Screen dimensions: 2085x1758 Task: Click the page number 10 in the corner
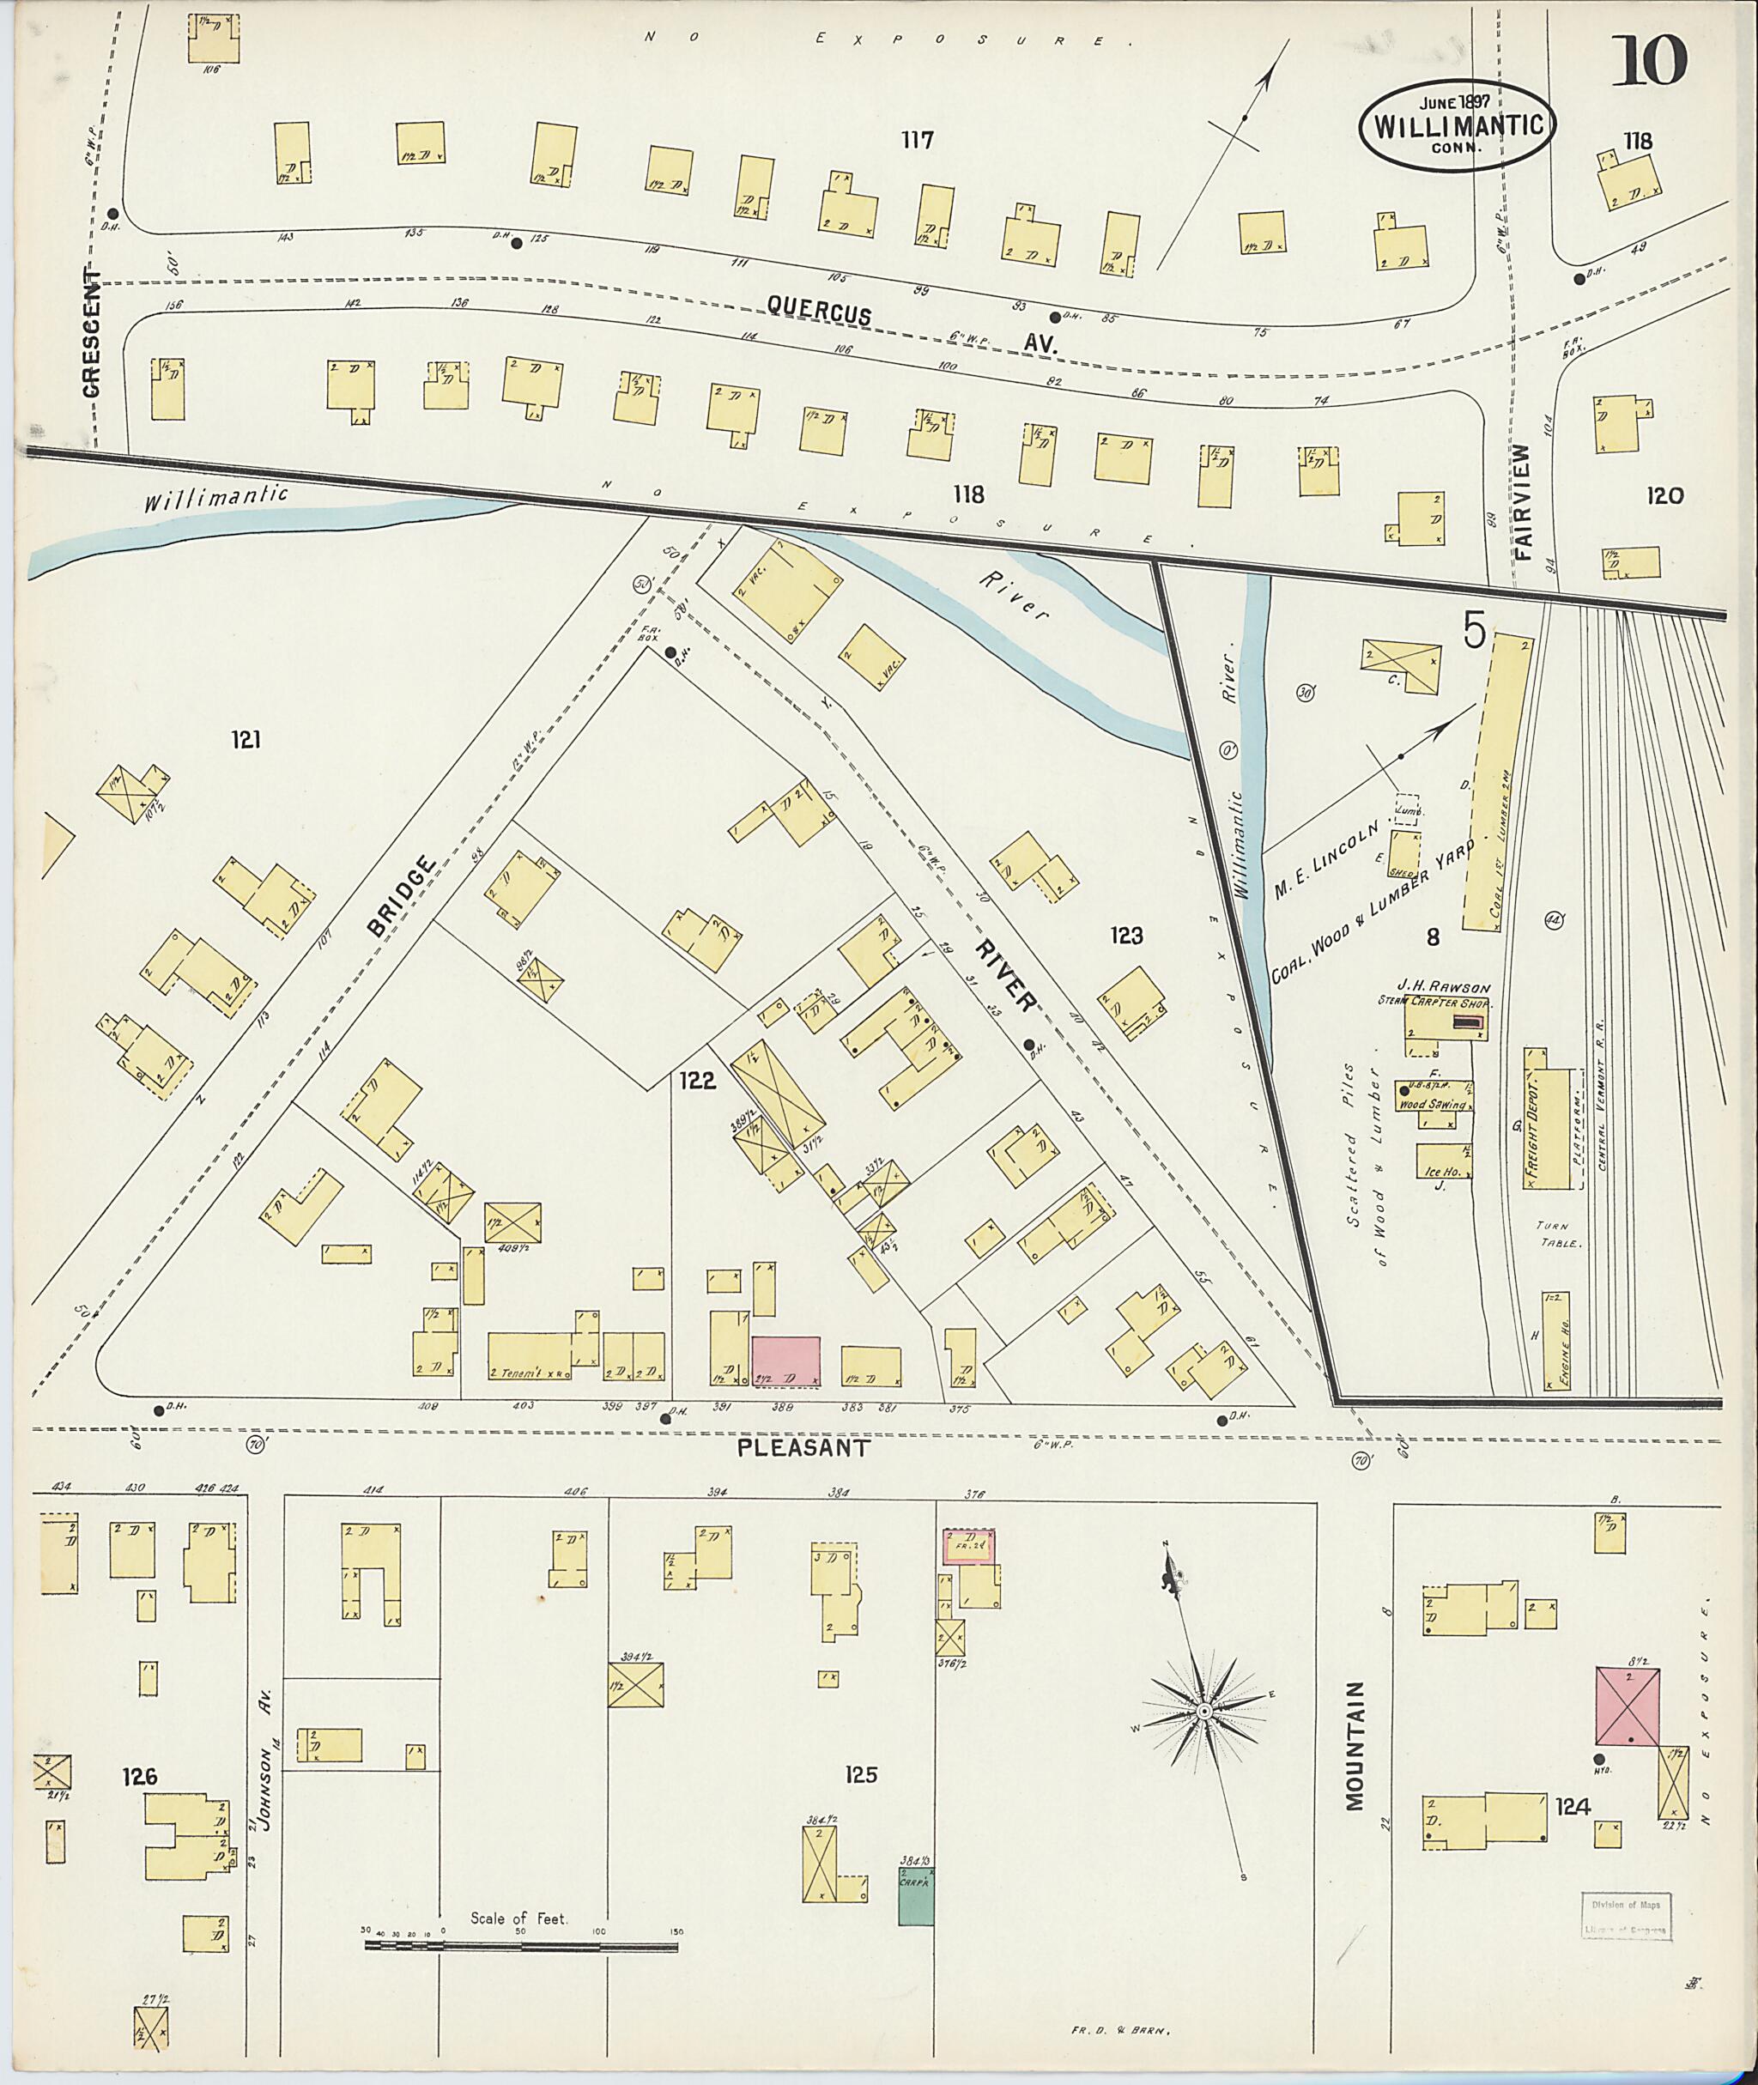(x=1648, y=62)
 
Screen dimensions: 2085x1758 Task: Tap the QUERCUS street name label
(x=819, y=310)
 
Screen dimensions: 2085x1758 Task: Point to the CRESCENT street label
(x=93, y=333)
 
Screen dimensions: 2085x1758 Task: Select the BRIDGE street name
(x=402, y=896)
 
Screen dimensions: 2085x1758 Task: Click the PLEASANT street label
(x=804, y=1448)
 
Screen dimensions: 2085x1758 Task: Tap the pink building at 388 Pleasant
(x=785, y=1361)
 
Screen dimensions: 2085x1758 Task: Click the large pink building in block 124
(x=1628, y=1706)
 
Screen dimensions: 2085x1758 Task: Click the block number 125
(x=860, y=1774)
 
